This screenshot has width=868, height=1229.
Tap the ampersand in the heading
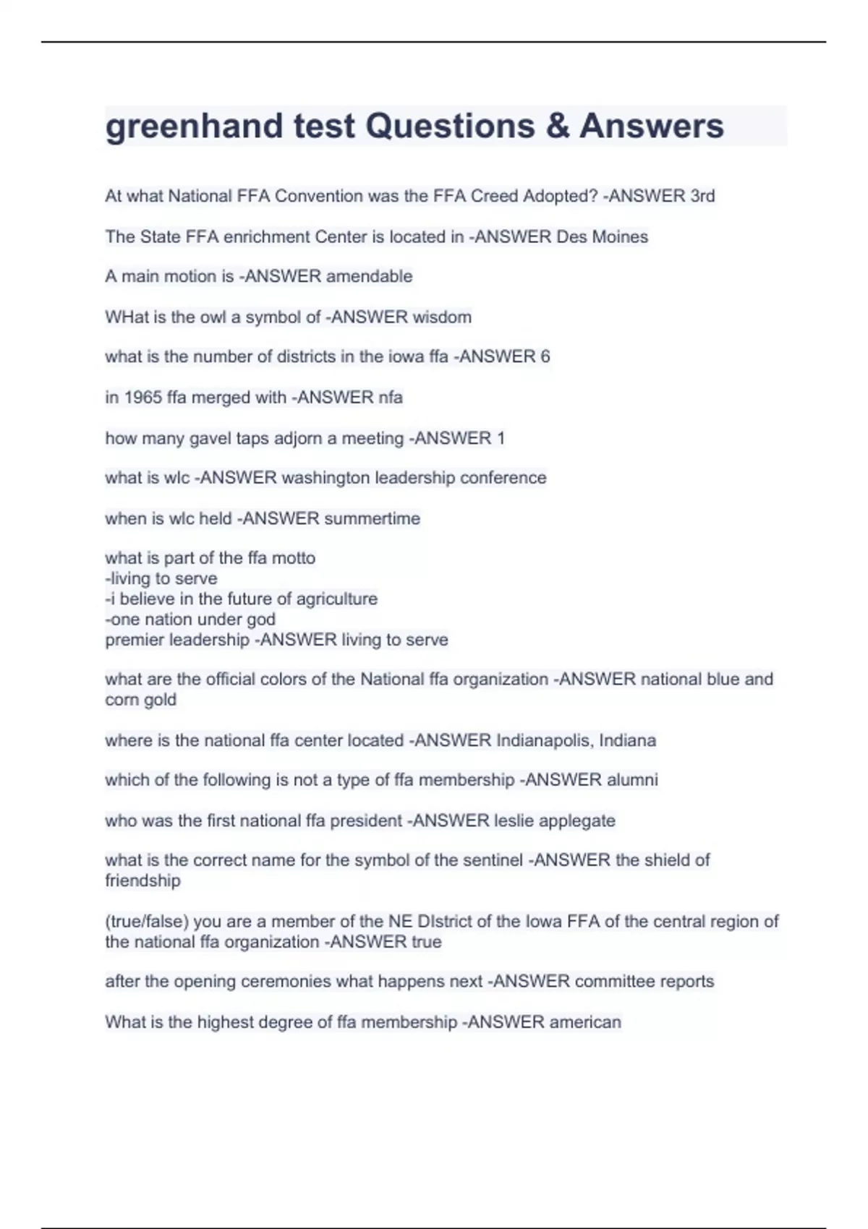pyautogui.click(x=557, y=126)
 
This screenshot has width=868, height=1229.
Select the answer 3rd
pyautogui.click(x=702, y=196)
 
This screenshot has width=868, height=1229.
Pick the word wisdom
pyautogui.click(x=442, y=317)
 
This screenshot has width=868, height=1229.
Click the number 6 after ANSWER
pyautogui.click(x=545, y=356)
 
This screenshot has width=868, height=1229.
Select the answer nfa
pyautogui.click(x=391, y=397)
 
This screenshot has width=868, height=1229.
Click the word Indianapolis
pyautogui.click(x=545, y=740)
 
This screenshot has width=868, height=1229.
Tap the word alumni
pyautogui.click(x=632, y=780)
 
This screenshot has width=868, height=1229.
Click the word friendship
pyautogui.click(x=142, y=881)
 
